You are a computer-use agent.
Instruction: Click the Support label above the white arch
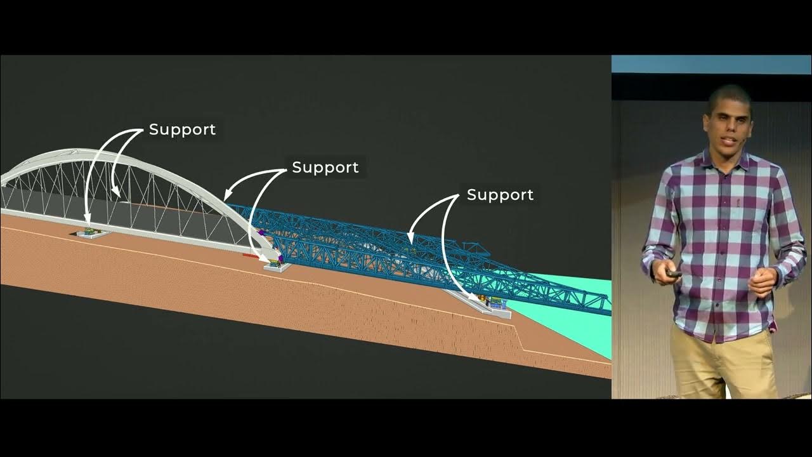(182, 129)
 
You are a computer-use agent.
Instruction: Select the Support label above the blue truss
(500, 195)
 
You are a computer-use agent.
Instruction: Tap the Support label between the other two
(325, 168)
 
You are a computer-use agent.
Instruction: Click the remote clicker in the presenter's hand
(673, 273)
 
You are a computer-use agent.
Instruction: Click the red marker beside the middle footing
(250, 256)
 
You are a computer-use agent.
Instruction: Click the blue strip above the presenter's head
(710, 65)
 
